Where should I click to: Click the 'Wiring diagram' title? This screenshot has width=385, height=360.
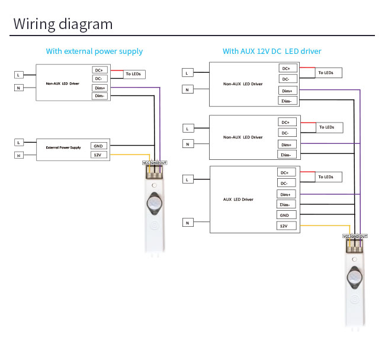point(63,24)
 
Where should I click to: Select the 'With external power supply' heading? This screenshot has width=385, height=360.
point(94,52)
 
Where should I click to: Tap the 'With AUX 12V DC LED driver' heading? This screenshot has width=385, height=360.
point(272,52)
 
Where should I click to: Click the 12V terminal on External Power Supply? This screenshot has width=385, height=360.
point(98,155)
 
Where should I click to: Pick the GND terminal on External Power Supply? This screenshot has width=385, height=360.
point(98,146)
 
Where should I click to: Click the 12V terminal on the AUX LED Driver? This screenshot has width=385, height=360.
point(284,226)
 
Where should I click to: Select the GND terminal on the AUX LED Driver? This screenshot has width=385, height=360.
point(284,215)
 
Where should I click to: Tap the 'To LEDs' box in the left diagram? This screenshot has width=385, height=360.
point(133,74)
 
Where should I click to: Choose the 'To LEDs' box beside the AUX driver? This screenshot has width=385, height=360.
point(326,177)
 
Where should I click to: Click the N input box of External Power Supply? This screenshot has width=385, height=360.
point(19,156)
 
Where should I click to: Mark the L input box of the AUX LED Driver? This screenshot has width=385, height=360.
point(187,179)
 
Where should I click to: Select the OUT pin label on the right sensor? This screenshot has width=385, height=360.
point(364,236)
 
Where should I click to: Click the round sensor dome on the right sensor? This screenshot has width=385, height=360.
point(355,278)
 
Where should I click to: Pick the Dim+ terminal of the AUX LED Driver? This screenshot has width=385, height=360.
point(285,194)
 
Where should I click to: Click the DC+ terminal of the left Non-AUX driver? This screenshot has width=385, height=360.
point(98,70)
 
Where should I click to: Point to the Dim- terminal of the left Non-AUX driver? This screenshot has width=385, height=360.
point(99,96)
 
